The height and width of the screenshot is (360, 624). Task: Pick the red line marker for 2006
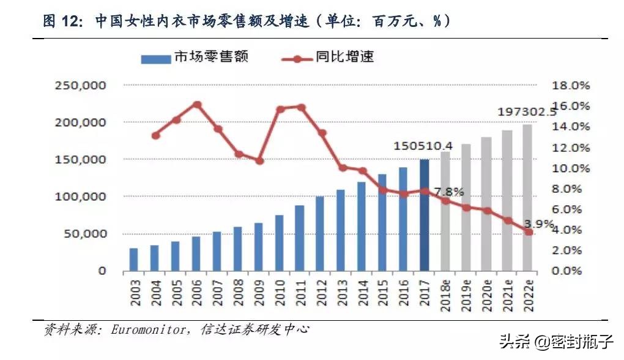point(197,105)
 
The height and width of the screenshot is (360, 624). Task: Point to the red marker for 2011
point(301,107)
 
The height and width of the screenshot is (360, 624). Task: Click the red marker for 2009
point(259,160)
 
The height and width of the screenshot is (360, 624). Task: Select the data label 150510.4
point(423,146)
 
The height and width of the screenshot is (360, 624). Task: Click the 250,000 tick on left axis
point(80,86)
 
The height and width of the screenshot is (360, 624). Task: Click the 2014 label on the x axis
point(362,292)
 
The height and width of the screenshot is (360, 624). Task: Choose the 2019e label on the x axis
point(466,295)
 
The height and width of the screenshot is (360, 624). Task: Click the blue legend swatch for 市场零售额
point(155,59)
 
